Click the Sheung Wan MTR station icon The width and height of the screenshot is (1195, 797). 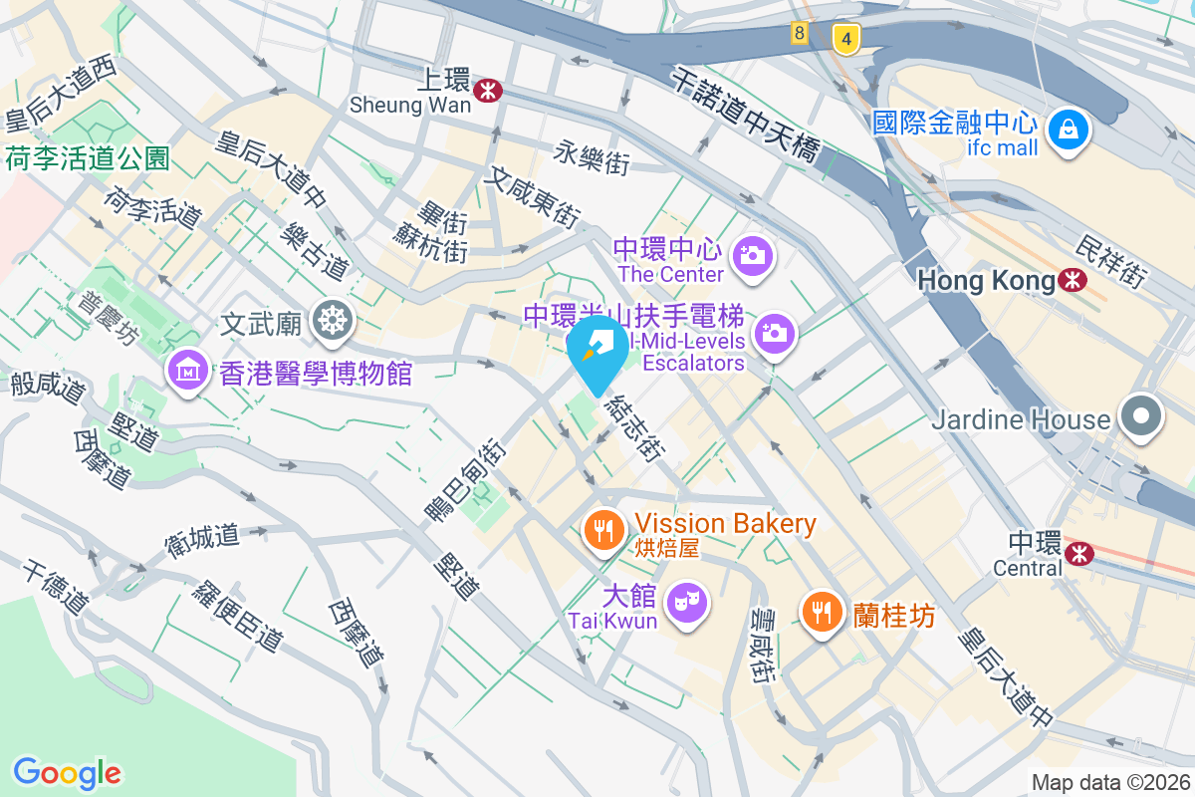pos(488,91)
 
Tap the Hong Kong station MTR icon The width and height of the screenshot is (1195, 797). pos(1073,281)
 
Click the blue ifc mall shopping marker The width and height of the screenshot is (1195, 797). pos(1068,131)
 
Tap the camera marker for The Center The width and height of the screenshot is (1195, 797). pos(752,256)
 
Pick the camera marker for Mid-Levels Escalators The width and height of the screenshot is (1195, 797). pos(774,333)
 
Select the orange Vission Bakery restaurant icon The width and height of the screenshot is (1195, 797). pos(602,530)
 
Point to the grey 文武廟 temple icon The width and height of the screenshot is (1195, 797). pos(332,320)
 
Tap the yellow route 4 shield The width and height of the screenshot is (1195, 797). pos(845,39)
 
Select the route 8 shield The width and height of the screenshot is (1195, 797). pos(800,33)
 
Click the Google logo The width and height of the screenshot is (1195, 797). pos(67,772)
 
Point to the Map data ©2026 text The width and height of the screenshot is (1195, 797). pos(1110,782)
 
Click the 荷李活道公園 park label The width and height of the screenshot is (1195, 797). pos(88,157)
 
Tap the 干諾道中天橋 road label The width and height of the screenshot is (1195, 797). pos(745,115)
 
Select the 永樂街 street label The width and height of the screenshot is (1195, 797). pos(594,157)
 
